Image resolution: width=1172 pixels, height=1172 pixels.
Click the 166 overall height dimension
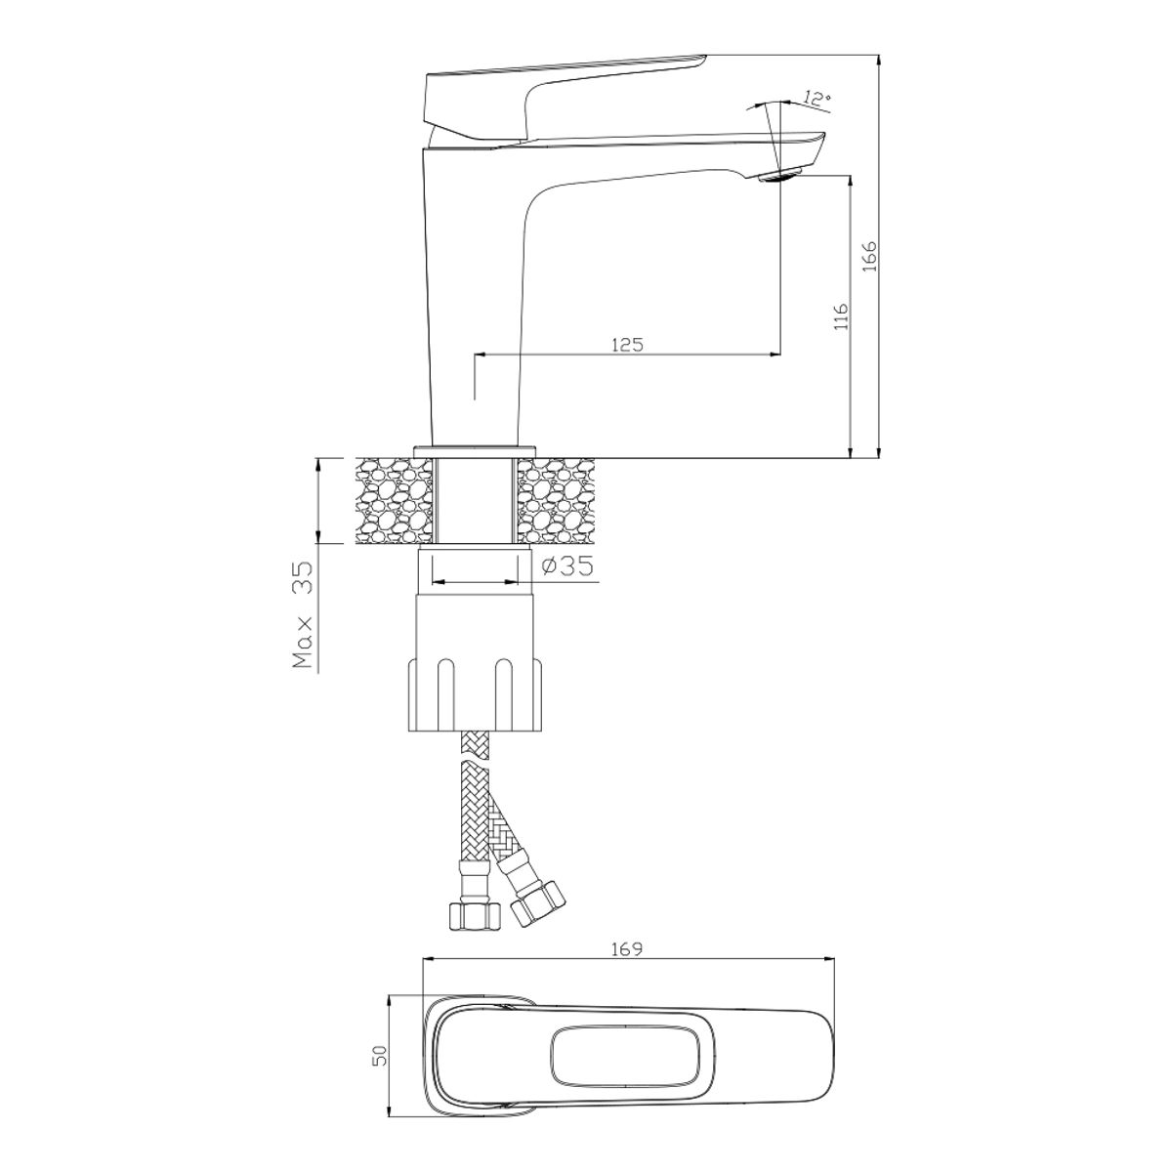point(870,256)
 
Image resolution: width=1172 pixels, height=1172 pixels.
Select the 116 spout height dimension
point(841,316)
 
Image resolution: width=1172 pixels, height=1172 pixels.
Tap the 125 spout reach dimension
point(627,345)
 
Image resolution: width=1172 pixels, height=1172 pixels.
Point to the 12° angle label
point(816,99)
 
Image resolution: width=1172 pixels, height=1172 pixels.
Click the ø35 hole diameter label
point(566,566)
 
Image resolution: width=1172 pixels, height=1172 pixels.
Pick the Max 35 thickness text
point(303,615)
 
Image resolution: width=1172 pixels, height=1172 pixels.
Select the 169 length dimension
point(627,948)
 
